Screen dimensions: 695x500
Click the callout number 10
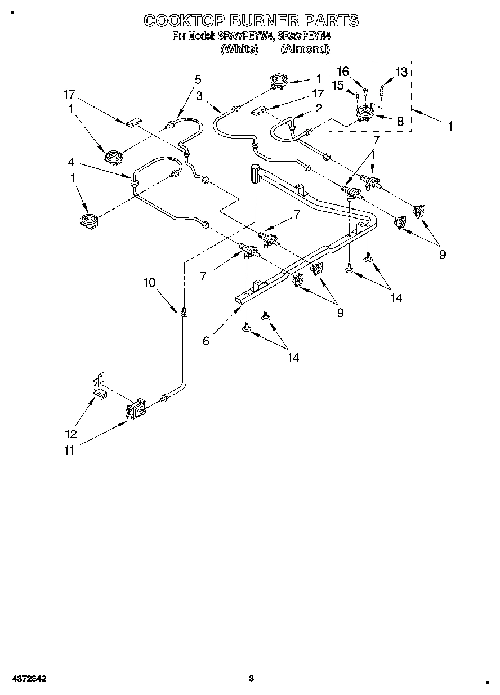point(149,283)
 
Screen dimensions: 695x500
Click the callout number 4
point(71,162)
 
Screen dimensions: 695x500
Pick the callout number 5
point(198,79)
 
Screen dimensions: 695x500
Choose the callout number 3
point(200,96)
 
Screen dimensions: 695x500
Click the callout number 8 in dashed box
point(400,121)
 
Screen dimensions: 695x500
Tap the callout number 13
point(401,72)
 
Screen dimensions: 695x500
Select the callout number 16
point(343,72)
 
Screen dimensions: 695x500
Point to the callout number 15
point(337,85)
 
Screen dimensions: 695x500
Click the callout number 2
point(319,108)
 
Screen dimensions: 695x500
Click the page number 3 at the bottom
point(252,678)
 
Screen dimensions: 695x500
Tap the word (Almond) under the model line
point(305,49)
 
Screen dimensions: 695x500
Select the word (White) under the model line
point(239,49)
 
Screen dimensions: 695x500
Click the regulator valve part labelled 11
point(136,409)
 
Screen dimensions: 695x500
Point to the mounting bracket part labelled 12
point(99,388)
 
